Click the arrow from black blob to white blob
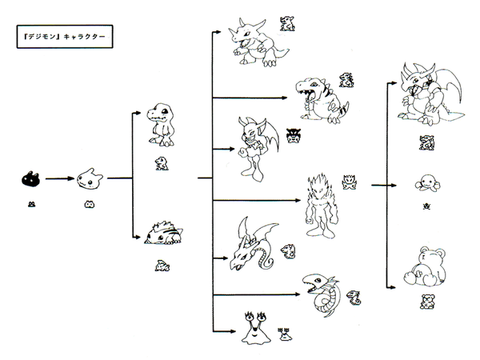point(59,179)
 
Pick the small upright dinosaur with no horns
point(160,126)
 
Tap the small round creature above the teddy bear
point(424,185)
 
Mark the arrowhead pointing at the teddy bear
point(392,287)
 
